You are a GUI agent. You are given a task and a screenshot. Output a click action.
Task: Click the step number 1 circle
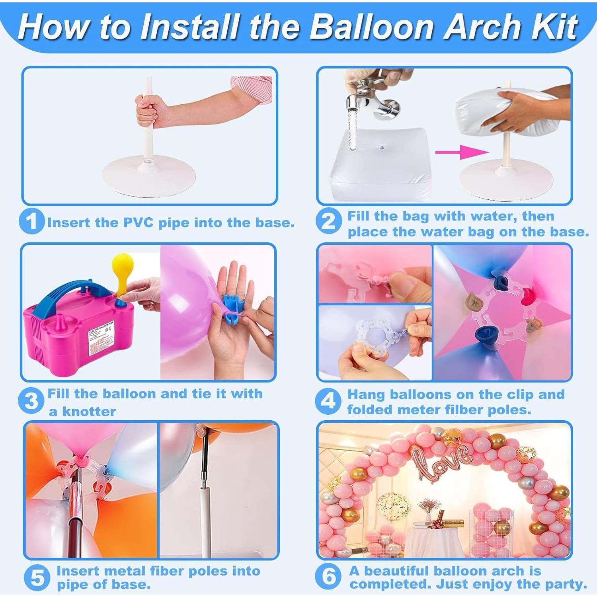pyautogui.click(x=31, y=221)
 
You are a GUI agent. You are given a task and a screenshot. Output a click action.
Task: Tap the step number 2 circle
pyautogui.click(x=328, y=221)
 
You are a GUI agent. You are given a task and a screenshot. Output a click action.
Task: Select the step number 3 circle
pyautogui.click(x=31, y=401)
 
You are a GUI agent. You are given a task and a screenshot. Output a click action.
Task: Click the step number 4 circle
pyautogui.click(x=328, y=401)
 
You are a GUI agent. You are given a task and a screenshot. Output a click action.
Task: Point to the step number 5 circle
pyautogui.click(x=37, y=578)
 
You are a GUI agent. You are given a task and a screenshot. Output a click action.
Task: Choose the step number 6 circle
pyautogui.click(x=328, y=577)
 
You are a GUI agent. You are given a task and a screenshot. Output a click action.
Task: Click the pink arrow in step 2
pyautogui.click(x=462, y=152)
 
